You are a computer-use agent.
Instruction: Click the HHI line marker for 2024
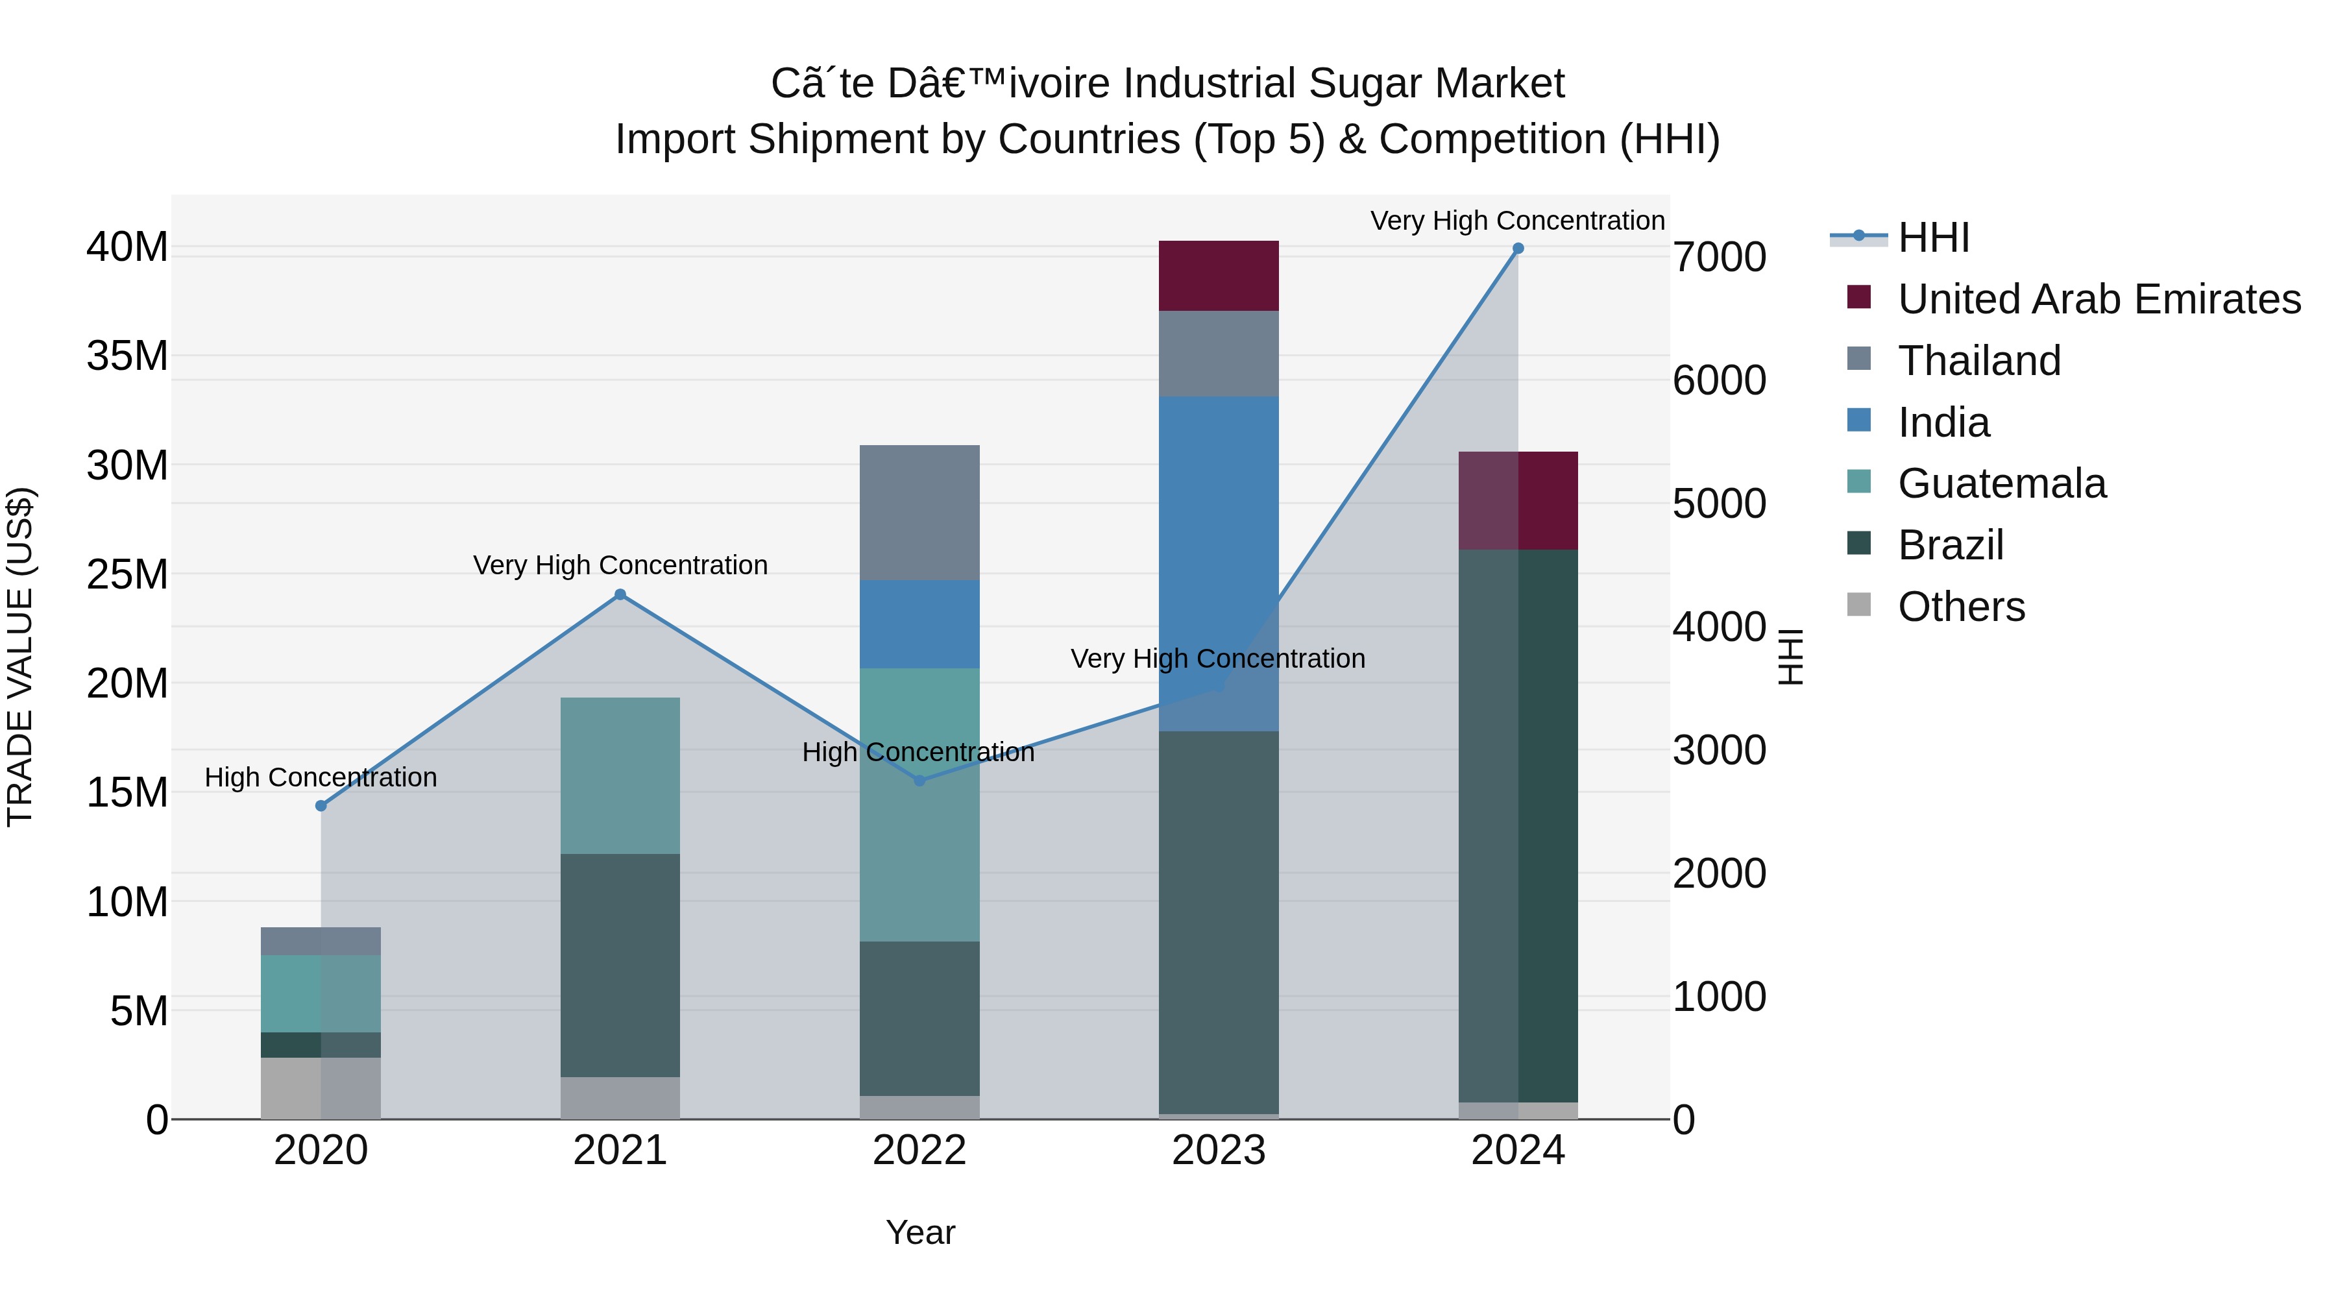[x=1518, y=249]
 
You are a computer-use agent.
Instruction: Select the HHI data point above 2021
[x=620, y=595]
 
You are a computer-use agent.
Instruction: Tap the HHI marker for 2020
[x=321, y=805]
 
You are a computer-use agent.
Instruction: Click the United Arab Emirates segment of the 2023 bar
[x=1218, y=276]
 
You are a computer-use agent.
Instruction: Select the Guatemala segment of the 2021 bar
[x=620, y=775]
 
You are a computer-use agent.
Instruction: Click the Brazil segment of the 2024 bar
[x=1518, y=825]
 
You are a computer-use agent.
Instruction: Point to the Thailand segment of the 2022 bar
[x=919, y=513]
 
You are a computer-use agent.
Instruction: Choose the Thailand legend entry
[x=1978, y=361]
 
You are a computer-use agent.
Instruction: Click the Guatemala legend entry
[x=2001, y=483]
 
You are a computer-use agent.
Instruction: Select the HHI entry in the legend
[x=1932, y=237]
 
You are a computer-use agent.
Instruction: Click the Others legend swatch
[x=1858, y=605]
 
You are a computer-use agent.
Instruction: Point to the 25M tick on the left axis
[x=127, y=574]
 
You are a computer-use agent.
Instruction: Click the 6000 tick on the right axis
[x=1720, y=380]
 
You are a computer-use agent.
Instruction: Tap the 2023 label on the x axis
[x=1218, y=1150]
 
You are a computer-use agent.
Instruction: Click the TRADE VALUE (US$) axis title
[x=20, y=657]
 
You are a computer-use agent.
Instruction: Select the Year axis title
[x=919, y=1232]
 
